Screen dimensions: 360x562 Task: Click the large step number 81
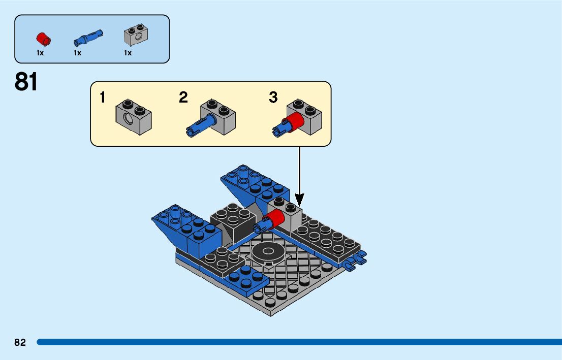(x=26, y=82)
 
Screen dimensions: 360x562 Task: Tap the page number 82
(x=20, y=343)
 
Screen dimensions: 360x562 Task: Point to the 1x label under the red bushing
(x=40, y=53)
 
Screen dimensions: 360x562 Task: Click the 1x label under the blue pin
(x=77, y=53)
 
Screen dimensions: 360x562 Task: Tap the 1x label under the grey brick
(x=128, y=53)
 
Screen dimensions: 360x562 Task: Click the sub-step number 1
(x=103, y=97)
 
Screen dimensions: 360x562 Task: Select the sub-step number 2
(x=183, y=97)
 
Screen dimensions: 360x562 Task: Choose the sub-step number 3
(x=273, y=97)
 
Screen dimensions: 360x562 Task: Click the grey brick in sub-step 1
(x=134, y=115)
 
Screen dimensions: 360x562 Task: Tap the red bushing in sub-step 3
(x=293, y=122)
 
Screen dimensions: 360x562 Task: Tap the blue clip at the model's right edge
(x=355, y=261)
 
